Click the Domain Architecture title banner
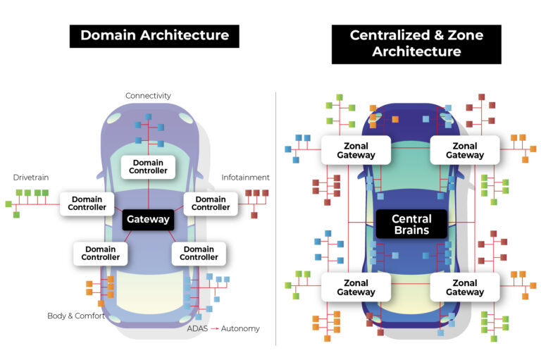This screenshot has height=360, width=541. click(154, 36)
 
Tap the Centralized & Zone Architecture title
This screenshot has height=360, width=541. click(416, 44)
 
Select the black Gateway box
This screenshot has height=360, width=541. click(148, 219)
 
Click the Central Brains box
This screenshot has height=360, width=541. click(411, 224)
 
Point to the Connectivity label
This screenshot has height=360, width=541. click(148, 96)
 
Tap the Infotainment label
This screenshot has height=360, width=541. click(245, 178)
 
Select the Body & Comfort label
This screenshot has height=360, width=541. click(76, 316)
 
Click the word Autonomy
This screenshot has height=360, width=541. click(239, 328)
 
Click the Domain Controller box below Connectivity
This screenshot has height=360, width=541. click(149, 166)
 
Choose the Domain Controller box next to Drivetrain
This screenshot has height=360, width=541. click(87, 204)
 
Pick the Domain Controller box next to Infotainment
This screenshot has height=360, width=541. click(210, 204)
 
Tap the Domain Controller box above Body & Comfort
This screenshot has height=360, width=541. click(101, 253)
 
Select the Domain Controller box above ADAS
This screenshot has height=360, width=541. click(198, 253)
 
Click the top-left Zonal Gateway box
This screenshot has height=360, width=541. click(356, 150)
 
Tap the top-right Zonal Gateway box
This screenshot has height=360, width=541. click(465, 150)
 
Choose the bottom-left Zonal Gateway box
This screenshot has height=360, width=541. click(356, 287)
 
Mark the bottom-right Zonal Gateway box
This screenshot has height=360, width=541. click(465, 287)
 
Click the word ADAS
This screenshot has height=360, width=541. click(197, 328)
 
